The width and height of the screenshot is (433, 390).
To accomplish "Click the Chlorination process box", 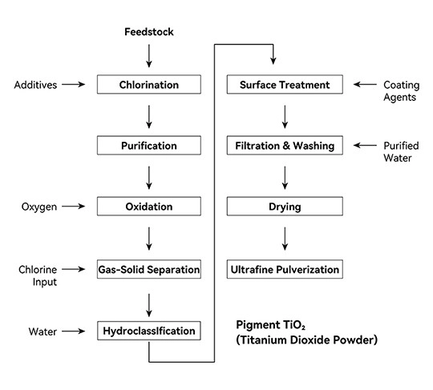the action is pyautogui.click(x=149, y=84).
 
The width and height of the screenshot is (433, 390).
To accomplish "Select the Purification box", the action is pyautogui.click(x=149, y=146).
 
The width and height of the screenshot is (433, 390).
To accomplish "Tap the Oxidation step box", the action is pyautogui.click(x=149, y=207).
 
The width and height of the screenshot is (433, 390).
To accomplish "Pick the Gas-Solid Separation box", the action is pyautogui.click(x=149, y=269).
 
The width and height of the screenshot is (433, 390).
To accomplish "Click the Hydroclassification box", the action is pyautogui.click(x=149, y=331).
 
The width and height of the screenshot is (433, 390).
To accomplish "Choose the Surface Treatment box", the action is pyautogui.click(x=285, y=84).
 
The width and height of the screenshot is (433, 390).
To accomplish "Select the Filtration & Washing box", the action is pyautogui.click(x=285, y=146).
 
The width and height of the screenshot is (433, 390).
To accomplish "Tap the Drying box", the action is pyautogui.click(x=285, y=207).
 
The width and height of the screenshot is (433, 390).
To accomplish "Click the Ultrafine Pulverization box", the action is pyautogui.click(x=285, y=269).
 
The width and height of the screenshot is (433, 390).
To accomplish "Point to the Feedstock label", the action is pyautogui.click(x=149, y=32).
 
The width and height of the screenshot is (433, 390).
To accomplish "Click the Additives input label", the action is pyautogui.click(x=35, y=85).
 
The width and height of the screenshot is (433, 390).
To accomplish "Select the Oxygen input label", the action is pyautogui.click(x=39, y=207).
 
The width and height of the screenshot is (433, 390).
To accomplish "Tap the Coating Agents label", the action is pyautogui.click(x=402, y=91).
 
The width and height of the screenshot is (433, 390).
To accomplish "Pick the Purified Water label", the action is pyautogui.click(x=401, y=151).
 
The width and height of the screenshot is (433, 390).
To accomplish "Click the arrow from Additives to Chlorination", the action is pyautogui.click(x=74, y=84).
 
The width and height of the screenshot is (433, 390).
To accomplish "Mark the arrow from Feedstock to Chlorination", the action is pyautogui.click(x=149, y=56).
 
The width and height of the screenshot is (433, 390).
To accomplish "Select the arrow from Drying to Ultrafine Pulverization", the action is pyautogui.click(x=285, y=239).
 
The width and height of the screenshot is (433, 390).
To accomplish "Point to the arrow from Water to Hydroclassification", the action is pyautogui.click(x=74, y=331).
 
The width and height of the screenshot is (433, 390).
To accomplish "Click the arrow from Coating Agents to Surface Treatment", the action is pyautogui.click(x=365, y=84).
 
